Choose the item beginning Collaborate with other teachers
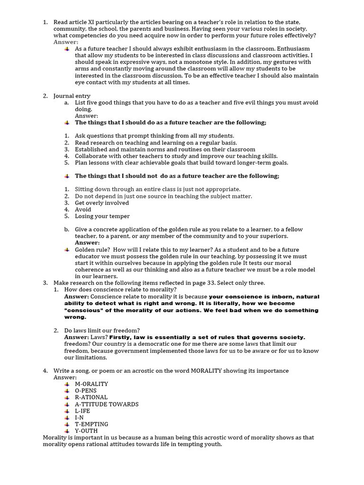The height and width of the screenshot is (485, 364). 176,156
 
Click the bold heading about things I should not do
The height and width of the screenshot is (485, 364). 177,176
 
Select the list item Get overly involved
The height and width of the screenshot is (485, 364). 102,203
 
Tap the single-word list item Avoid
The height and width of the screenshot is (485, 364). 83,209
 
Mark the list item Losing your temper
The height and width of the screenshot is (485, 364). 102,216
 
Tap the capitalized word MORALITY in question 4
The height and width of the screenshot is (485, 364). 209,370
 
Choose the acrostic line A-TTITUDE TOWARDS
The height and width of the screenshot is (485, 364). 107,404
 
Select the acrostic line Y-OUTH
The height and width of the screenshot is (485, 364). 86,431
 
